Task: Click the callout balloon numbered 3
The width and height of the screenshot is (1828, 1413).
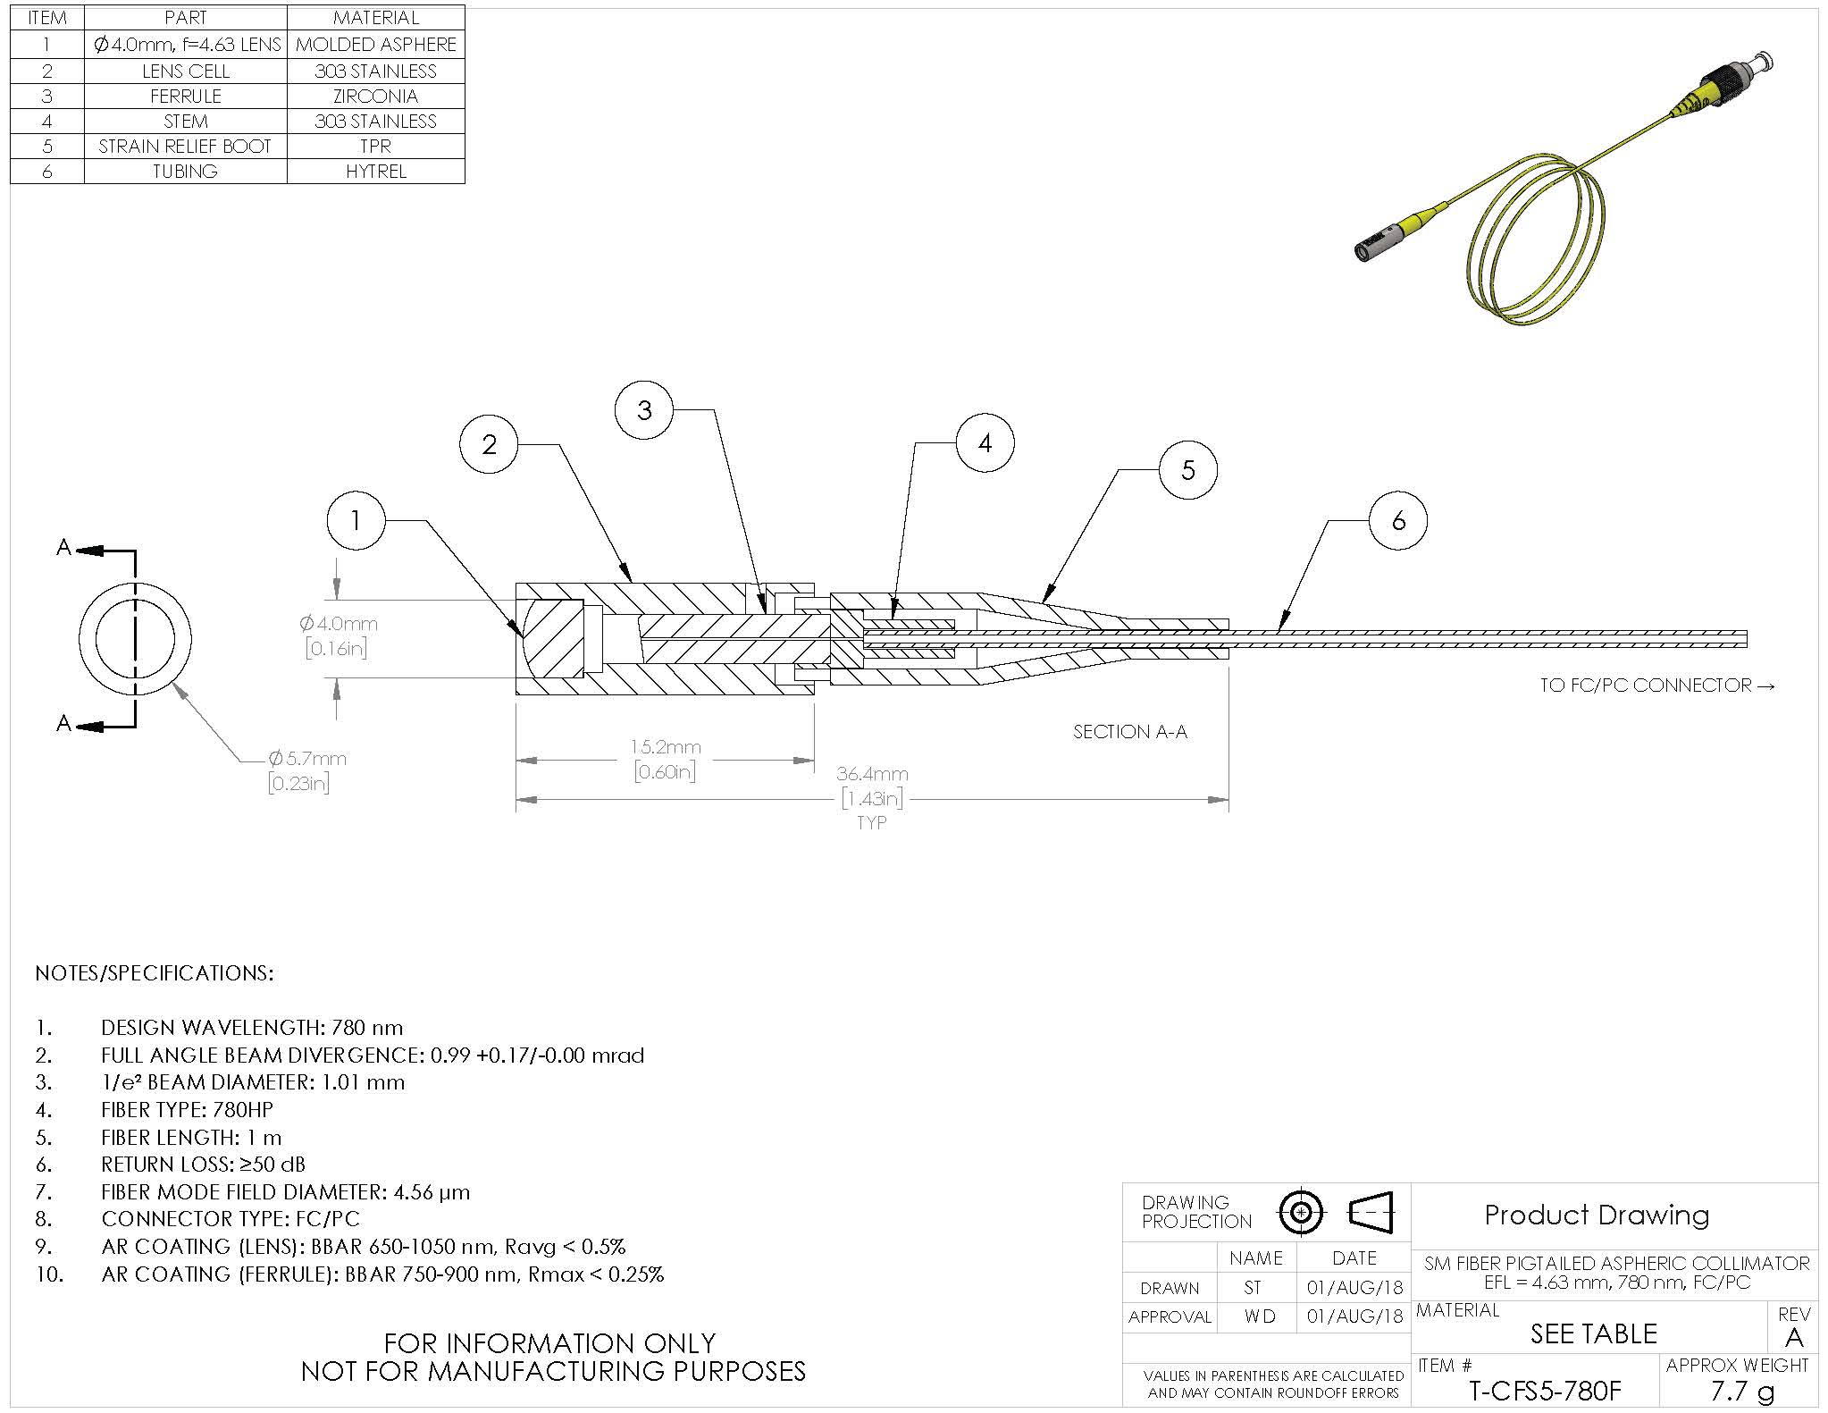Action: (x=644, y=410)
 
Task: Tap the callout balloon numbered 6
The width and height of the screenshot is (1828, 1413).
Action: (x=1398, y=521)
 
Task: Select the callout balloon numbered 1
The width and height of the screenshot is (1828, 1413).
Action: (x=356, y=520)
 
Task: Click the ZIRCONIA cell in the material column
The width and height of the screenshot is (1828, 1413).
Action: (x=376, y=96)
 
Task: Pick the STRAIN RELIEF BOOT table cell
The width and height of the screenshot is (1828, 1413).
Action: (x=185, y=146)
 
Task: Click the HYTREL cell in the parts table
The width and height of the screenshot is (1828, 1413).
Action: (x=376, y=171)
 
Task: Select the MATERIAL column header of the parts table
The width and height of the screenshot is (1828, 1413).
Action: (x=376, y=18)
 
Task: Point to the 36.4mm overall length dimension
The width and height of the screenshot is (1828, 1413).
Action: (x=871, y=773)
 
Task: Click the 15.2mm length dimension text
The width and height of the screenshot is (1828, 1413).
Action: (x=666, y=746)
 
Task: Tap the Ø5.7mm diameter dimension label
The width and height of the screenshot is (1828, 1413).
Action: (x=307, y=758)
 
